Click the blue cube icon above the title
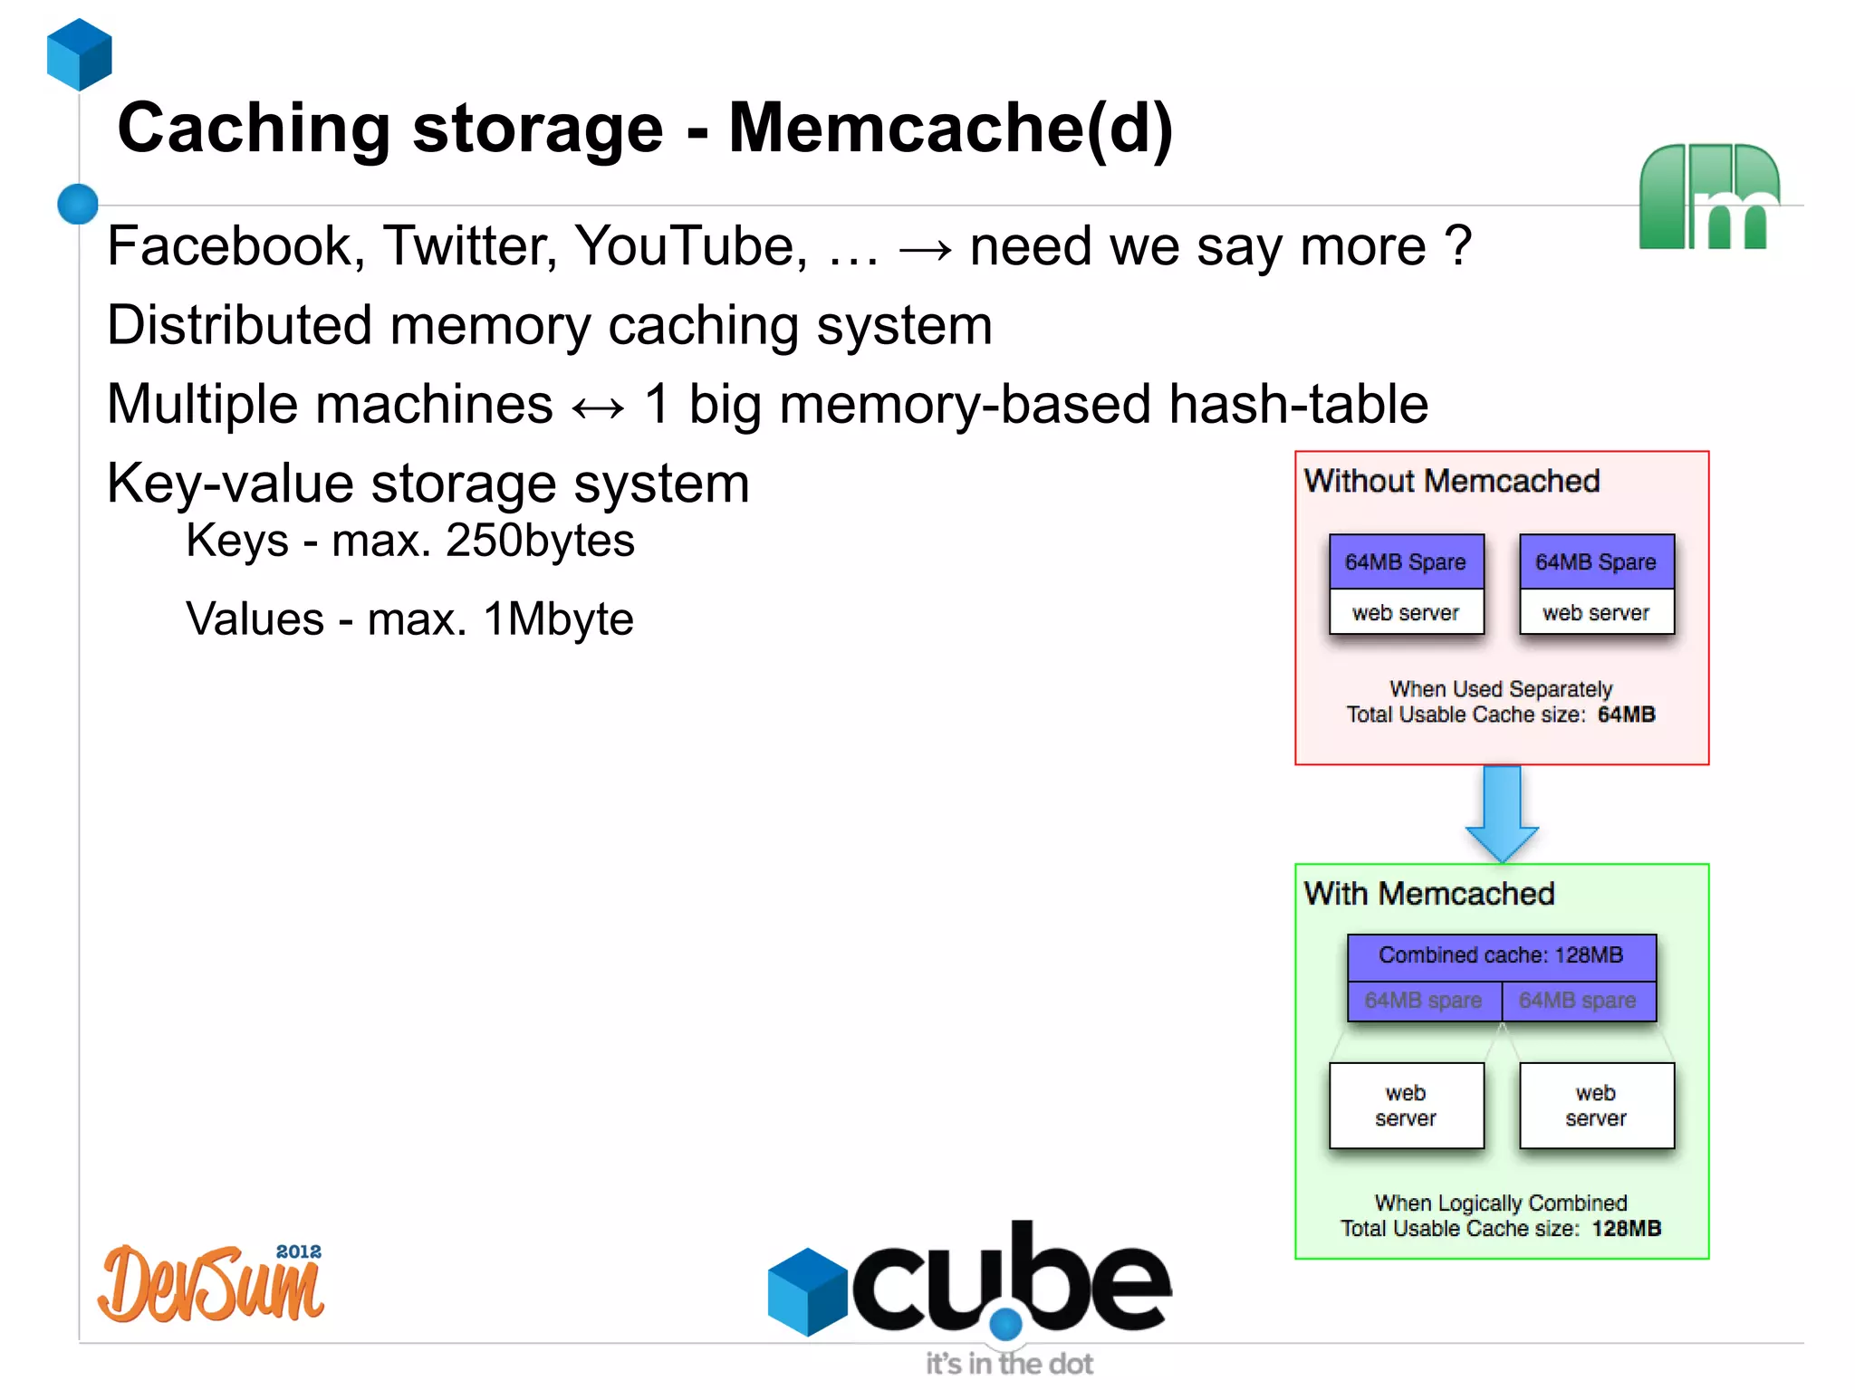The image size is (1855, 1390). pos(80,54)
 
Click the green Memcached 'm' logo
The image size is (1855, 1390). pos(1708,197)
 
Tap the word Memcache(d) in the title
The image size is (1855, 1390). pos(950,129)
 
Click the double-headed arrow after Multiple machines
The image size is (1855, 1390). pos(599,407)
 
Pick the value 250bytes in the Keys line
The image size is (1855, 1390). pos(540,541)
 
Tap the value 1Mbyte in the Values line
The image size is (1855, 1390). pos(558,619)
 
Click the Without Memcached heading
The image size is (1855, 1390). pos(1451,481)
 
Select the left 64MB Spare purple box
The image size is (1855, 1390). pos(1406,562)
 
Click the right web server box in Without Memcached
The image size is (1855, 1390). pos(1596,613)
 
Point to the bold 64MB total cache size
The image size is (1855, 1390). pos(1626,714)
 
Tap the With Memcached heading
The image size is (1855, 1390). pos(1428,894)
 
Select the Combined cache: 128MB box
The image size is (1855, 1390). pos(1501,955)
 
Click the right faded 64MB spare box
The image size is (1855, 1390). pos(1578,1001)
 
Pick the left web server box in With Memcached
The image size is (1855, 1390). pos(1406,1106)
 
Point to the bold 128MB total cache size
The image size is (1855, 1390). pos(1626,1229)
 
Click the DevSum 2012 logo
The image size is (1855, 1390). pos(212,1284)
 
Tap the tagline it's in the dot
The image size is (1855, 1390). pos(1008,1364)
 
